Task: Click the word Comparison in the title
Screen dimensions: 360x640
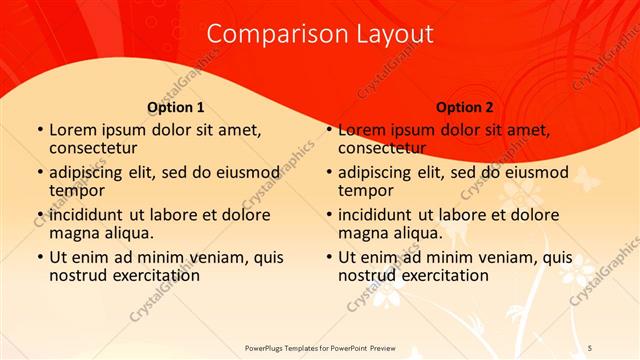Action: tap(267, 34)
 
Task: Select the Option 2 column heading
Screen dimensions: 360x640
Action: tap(465, 107)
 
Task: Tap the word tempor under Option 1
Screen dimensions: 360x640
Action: tap(77, 190)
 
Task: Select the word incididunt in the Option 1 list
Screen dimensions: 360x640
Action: tap(92, 215)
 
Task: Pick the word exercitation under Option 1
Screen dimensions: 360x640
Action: tap(153, 275)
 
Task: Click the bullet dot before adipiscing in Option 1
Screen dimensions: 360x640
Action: tap(39, 173)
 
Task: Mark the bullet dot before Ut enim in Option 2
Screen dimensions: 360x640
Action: tap(328, 258)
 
